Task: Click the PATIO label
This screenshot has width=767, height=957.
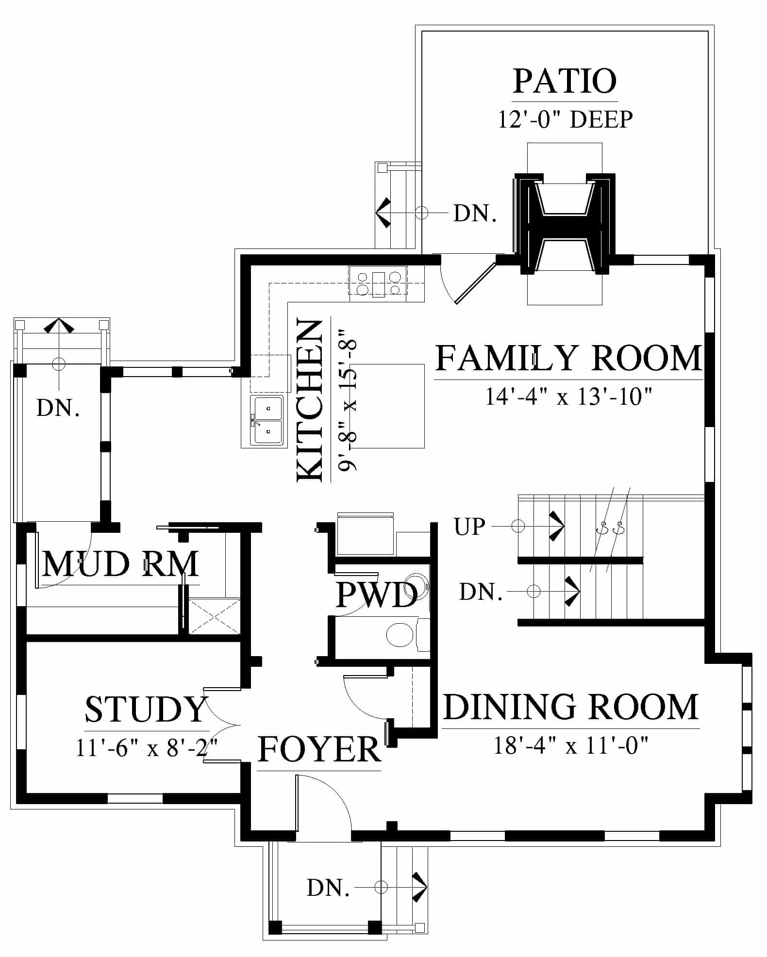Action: [565, 81]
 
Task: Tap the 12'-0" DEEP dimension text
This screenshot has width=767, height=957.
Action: [566, 119]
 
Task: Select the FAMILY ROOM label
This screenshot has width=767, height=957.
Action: [568, 358]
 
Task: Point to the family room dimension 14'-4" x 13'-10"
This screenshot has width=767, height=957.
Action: [568, 396]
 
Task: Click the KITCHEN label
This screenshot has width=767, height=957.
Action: [310, 400]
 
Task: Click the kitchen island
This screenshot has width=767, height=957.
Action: [387, 406]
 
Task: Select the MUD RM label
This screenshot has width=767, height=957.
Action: [120, 564]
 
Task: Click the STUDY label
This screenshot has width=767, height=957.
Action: [146, 709]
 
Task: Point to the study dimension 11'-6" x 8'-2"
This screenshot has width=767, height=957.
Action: [146, 747]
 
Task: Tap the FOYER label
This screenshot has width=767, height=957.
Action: [319, 749]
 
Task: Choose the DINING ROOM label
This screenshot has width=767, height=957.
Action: [571, 707]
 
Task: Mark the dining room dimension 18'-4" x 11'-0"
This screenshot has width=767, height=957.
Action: [571, 745]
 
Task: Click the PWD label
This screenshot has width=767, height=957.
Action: [377, 594]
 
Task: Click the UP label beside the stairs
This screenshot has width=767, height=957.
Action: [469, 527]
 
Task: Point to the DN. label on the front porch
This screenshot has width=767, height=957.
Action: [328, 888]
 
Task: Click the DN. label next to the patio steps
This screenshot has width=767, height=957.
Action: [475, 213]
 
